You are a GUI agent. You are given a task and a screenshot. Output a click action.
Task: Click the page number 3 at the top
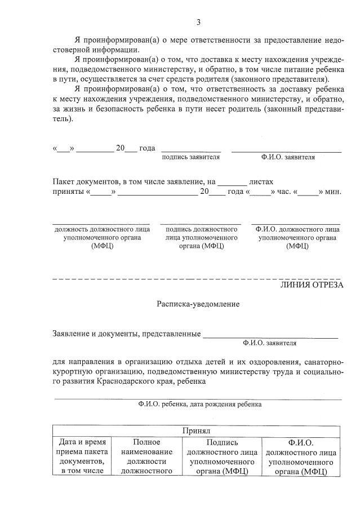pos(198,23)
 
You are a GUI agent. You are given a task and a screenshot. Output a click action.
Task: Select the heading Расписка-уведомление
pos(198,304)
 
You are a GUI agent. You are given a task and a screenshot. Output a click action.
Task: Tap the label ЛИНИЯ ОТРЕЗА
pos(312,285)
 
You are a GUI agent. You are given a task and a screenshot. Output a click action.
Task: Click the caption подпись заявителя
pos(190,157)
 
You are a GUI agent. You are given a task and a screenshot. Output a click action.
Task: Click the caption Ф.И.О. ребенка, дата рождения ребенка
pos(199,404)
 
